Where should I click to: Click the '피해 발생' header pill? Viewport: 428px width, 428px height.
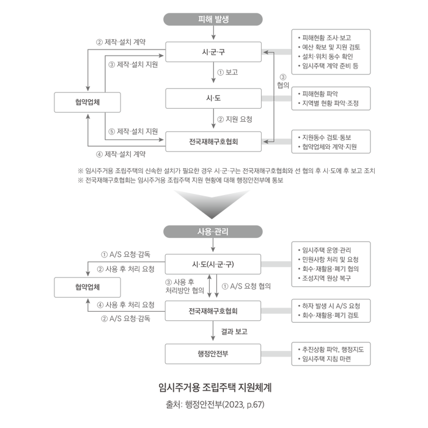click(213, 19)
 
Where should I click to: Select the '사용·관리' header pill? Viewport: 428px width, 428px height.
click(213, 231)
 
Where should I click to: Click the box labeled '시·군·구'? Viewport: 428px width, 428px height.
click(213, 52)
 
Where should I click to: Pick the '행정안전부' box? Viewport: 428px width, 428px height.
click(213, 353)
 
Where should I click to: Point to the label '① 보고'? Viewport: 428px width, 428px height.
click(227, 72)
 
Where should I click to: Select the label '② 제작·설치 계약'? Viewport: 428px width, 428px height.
click(124, 42)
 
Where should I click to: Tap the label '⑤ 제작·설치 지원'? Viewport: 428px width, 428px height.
click(132, 131)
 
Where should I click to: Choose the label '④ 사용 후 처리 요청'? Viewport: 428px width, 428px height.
click(125, 304)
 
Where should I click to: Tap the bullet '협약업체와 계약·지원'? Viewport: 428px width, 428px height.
click(329, 147)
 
